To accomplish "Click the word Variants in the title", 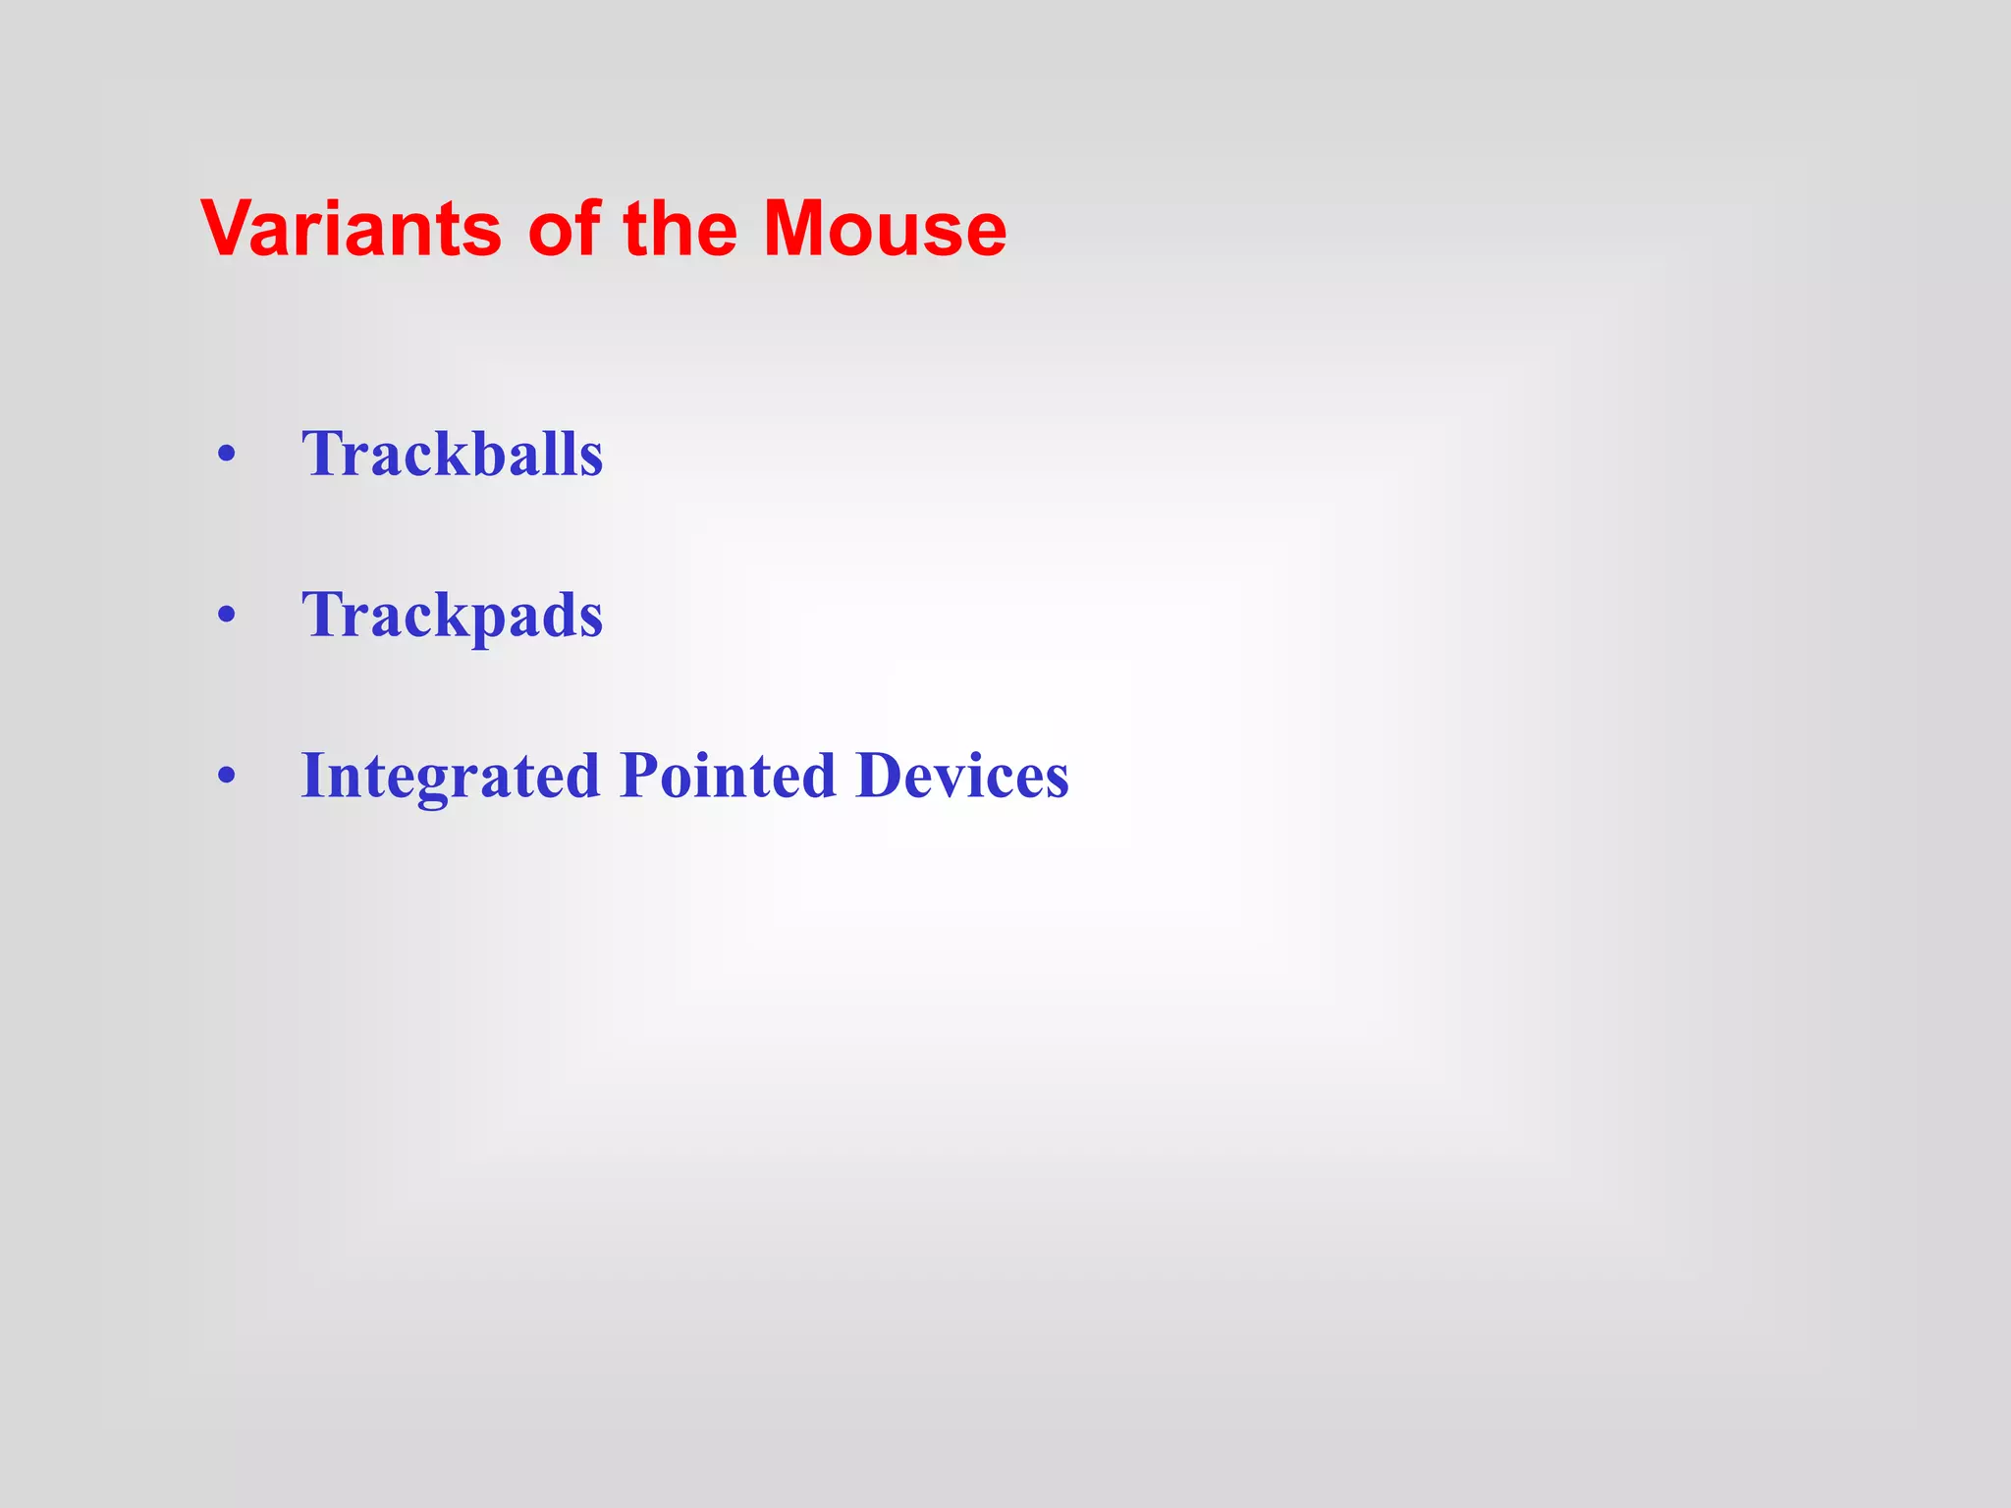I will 352,229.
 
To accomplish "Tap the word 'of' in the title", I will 564,229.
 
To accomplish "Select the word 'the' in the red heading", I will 679,229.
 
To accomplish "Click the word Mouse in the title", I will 885,229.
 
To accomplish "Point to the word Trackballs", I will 452,454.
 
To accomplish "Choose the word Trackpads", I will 452,617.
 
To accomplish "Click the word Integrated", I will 450,777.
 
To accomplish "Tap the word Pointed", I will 728,776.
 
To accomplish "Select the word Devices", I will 962,776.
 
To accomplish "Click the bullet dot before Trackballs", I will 227,456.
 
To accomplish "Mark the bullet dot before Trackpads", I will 227,617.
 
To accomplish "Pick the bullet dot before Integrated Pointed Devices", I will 227,777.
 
